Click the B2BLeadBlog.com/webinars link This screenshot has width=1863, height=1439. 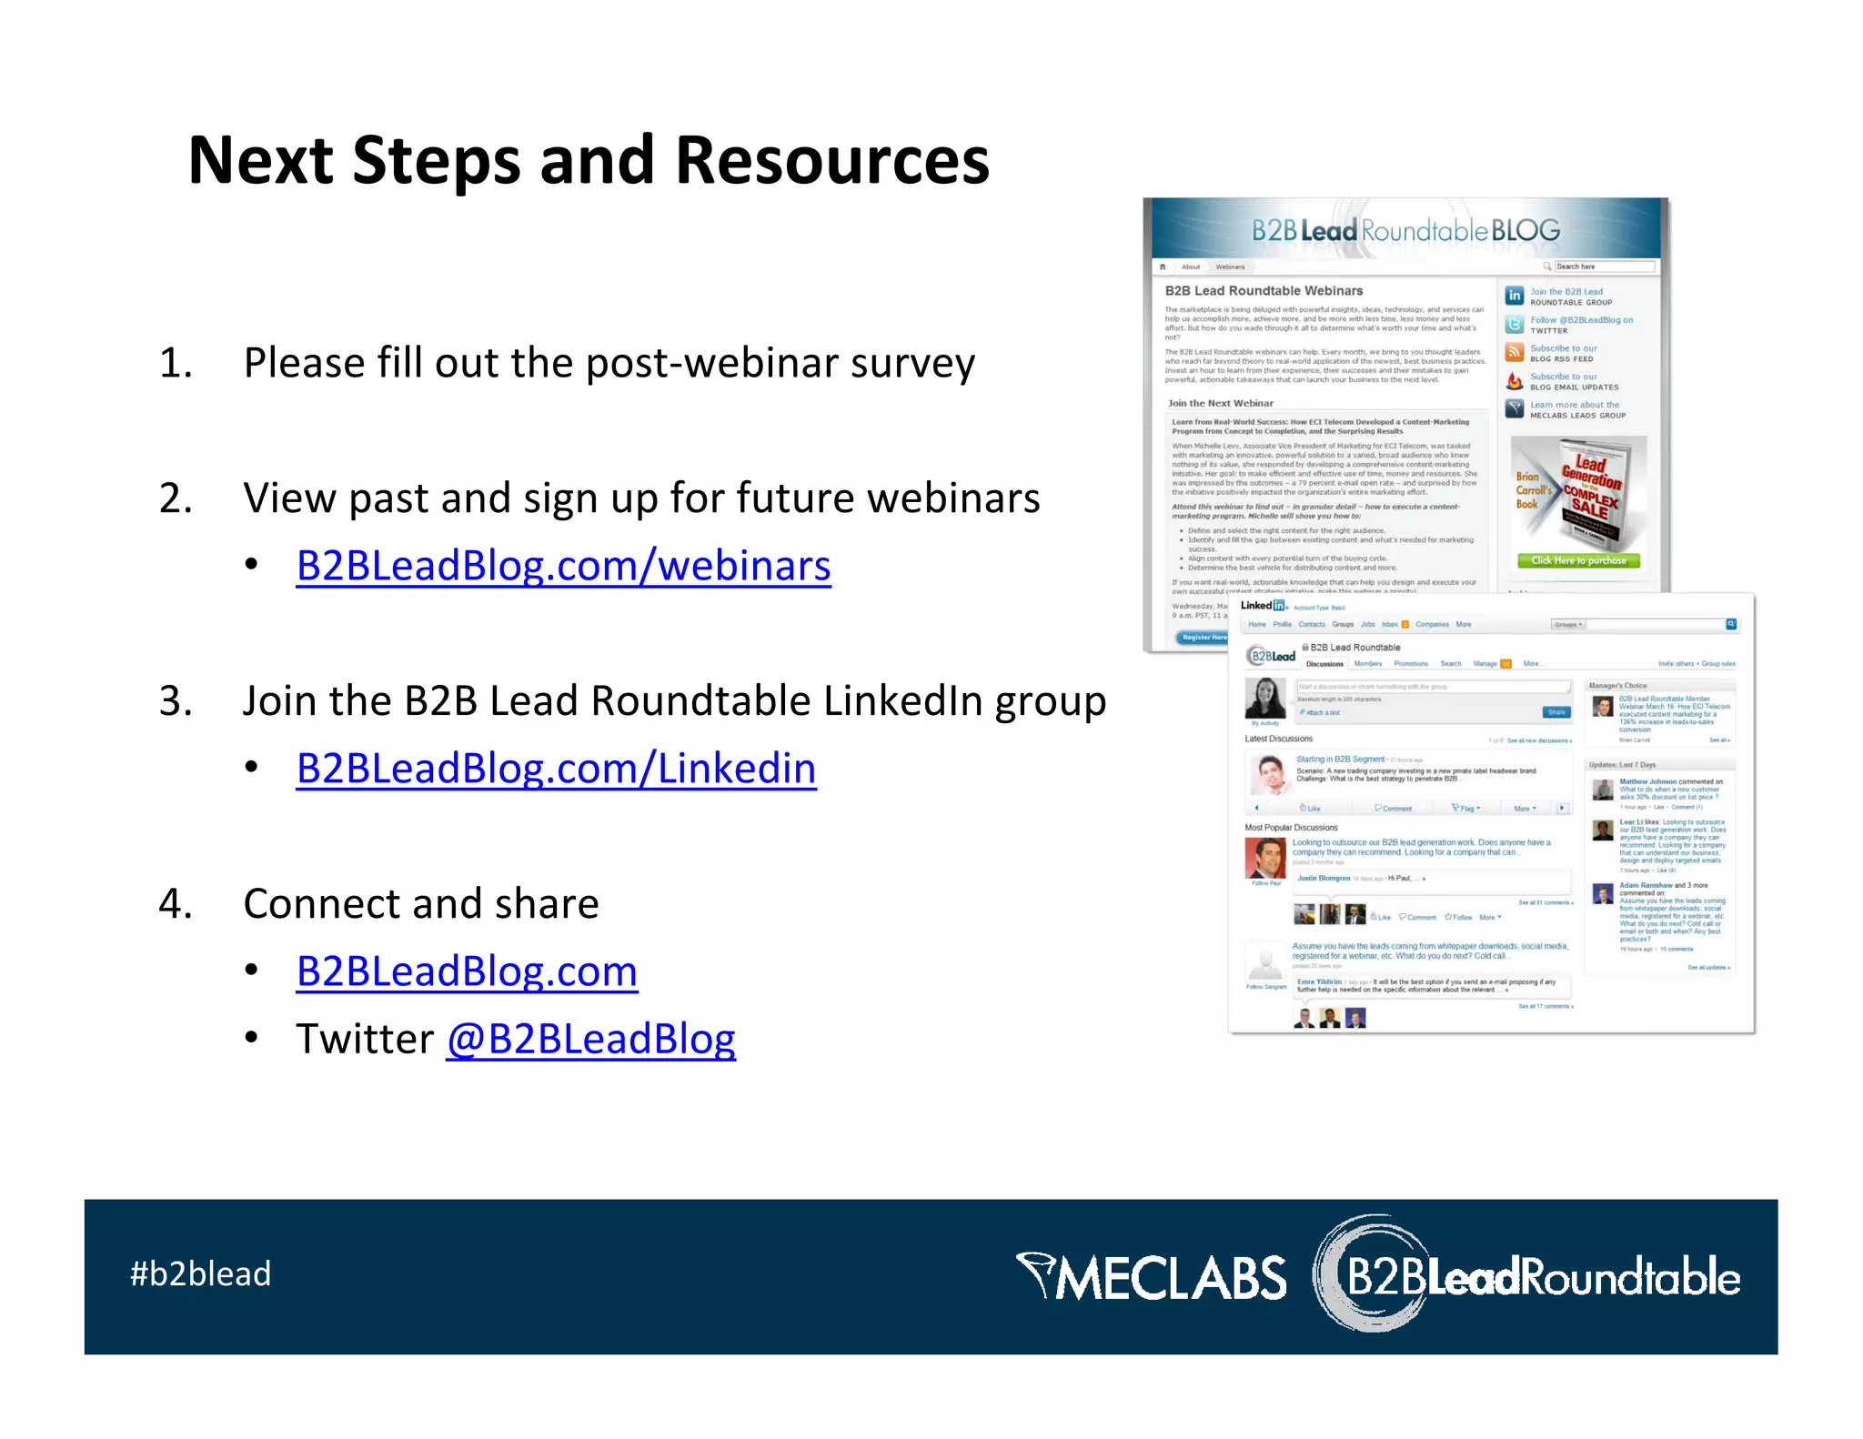(563, 566)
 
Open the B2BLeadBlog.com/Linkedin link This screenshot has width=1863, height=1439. (556, 769)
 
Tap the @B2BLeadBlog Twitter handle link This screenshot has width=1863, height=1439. (590, 1039)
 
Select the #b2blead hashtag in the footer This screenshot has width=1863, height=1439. (200, 1273)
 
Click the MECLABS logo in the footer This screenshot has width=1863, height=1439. (1152, 1277)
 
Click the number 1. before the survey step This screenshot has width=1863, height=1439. (176, 363)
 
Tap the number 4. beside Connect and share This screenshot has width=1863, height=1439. (176, 904)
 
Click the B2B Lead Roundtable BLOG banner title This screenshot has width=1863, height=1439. (1405, 231)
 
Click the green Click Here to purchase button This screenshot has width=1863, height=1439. (1578, 560)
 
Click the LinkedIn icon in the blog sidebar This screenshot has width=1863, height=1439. (1514, 296)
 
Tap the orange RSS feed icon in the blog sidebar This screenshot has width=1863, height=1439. (1514, 352)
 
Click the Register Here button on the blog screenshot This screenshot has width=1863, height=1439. (1203, 637)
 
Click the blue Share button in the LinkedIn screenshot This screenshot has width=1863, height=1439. (1556, 712)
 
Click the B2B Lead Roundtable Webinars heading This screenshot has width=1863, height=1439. (1264, 291)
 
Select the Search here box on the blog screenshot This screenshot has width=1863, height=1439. (1603, 267)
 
